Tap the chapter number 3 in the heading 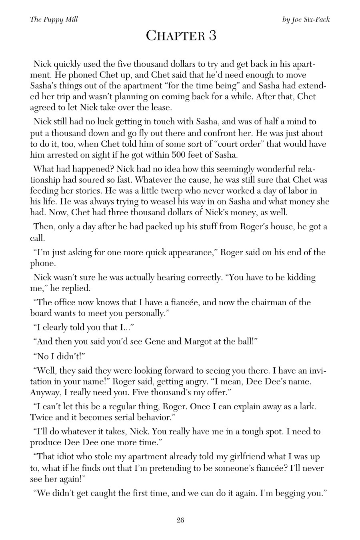[212, 36]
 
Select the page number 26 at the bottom [180, 520]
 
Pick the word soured [88, 180]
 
